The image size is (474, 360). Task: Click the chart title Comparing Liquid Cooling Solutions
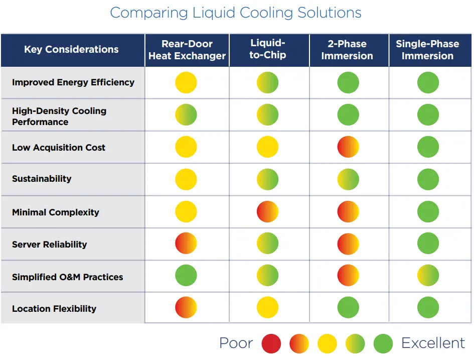point(236,13)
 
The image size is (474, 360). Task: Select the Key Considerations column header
point(71,50)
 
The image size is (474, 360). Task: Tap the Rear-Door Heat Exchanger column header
point(187,50)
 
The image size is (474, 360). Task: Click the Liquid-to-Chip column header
point(268,50)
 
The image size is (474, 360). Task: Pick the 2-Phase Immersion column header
point(347,50)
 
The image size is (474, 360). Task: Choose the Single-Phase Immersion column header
point(427,50)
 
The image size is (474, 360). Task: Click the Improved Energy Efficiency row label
point(73,82)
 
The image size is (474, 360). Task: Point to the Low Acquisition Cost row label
point(59,148)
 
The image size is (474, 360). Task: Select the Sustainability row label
point(42,179)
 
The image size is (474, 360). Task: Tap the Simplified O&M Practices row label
point(67,277)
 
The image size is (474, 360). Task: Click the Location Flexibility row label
point(54,309)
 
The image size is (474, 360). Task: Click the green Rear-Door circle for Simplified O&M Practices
point(186,276)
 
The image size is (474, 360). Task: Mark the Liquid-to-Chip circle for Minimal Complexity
point(267,212)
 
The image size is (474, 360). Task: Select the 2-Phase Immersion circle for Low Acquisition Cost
point(348,147)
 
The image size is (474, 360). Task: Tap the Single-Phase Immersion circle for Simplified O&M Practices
point(428,276)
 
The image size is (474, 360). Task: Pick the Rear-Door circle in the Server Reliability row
point(186,244)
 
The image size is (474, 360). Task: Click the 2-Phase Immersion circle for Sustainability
point(348,179)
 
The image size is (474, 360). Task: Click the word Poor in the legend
point(236,343)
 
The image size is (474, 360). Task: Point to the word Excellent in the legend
point(433,343)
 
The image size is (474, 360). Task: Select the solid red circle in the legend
point(271,344)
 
